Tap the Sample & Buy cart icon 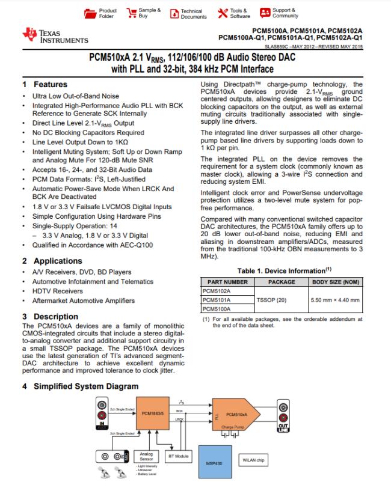132,13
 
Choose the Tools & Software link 239,13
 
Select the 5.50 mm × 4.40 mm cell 334,299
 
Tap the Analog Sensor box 146,457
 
